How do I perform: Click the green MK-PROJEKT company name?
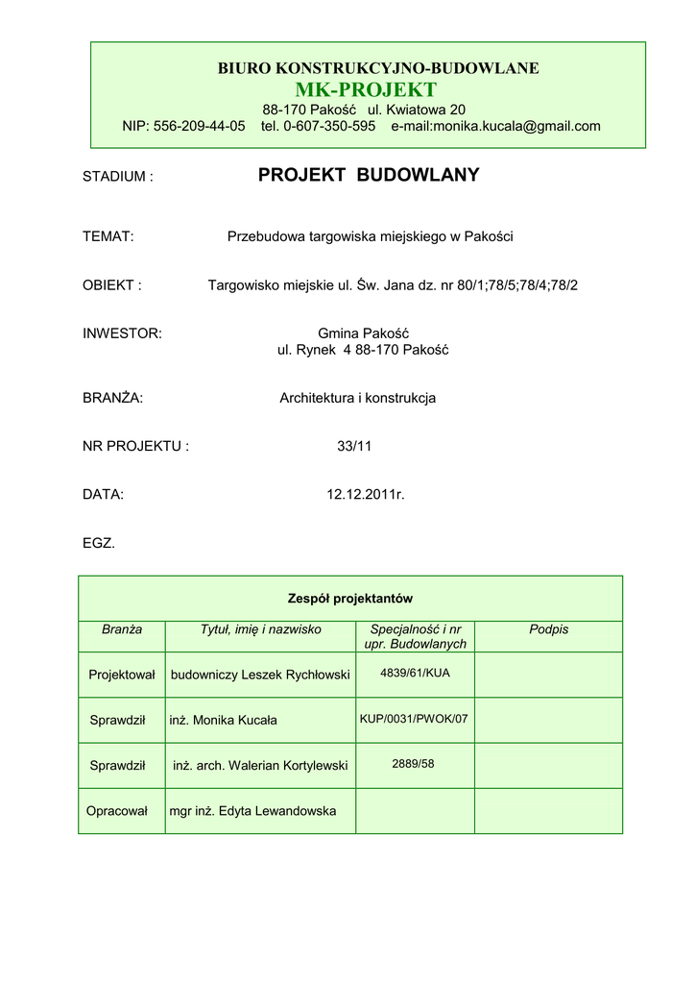click(x=378, y=89)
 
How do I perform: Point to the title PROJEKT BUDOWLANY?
click(x=369, y=175)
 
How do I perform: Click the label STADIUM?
click(x=118, y=177)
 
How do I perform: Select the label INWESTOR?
click(x=122, y=333)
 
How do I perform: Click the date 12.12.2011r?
click(x=366, y=494)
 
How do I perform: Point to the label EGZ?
click(x=99, y=543)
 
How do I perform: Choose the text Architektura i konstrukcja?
click(x=357, y=398)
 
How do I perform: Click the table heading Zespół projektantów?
click(x=349, y=599)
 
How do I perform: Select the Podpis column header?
click(x=548, y=629)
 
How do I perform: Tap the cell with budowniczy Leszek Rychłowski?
click(x=260, y=675)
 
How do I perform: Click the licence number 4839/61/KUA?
click(x=415, y=673)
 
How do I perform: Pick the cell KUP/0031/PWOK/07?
click(x=414, y=718)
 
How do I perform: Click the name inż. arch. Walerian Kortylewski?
click(x=260, y=766)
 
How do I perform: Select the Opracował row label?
click(x=117, y=811)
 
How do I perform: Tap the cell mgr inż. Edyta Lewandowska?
click(x=252, y=811)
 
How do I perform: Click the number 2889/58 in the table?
click(x=413, y=763)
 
